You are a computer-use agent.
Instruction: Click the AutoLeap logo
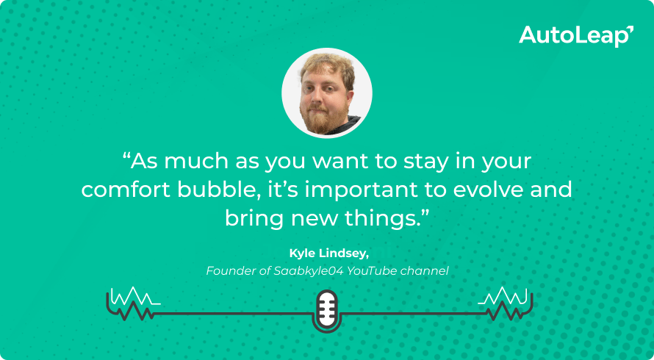click(x=575, y=35)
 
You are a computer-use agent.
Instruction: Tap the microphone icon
click(x=326, y=309)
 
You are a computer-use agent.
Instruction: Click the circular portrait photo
click(x=327, y=93)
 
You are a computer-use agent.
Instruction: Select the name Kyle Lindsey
click(x=326, y=253)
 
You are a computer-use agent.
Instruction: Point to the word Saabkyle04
click(x=298, y=271)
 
